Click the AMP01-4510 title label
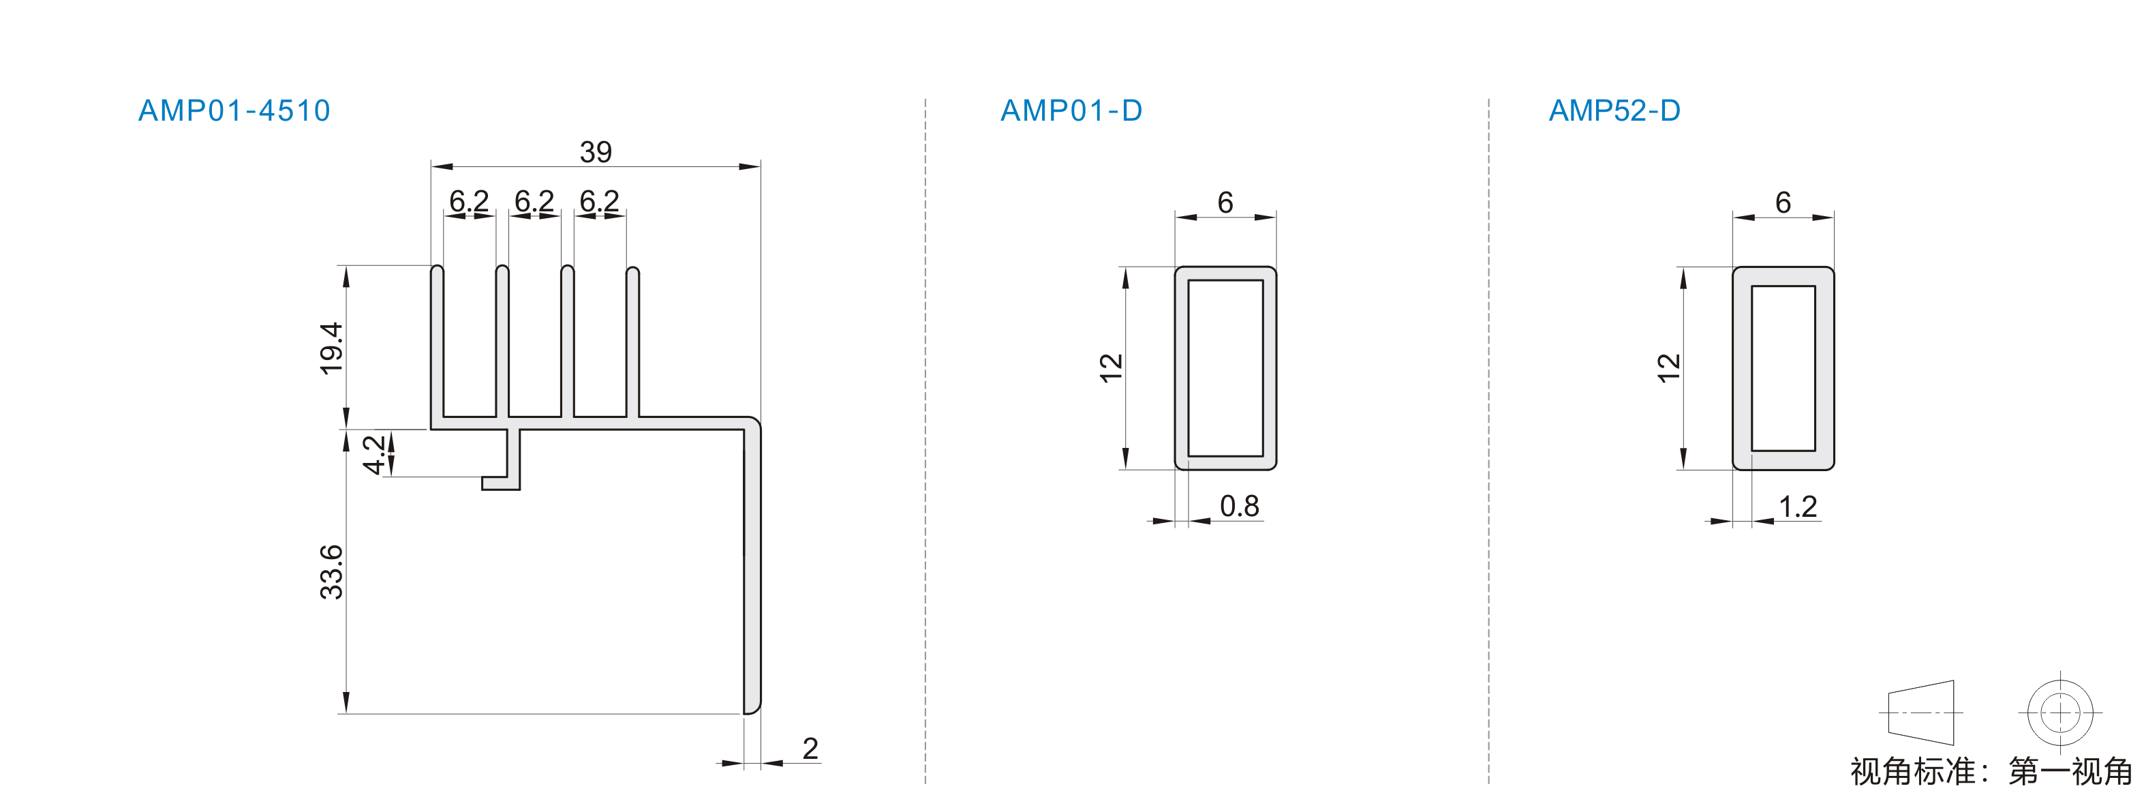(x=234, y=110)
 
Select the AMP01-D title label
(x=1071, y=110)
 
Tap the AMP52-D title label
(x=1614, y=110)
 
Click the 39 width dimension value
(x=596, y=151)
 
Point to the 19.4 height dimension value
(x=331, y=348)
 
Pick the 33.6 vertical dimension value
(x=331, y=572)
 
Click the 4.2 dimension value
(x=375, y=453)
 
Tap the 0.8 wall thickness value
(x=1239, y=506)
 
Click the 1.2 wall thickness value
(x=1798, y=506)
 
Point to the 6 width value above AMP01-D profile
(x=1225, y=202)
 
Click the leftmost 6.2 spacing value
(x=470, y=200)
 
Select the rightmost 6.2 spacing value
(x=599, y=200)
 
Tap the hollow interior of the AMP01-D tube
(x=1225, y=368)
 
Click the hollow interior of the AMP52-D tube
(x=1783, y=368)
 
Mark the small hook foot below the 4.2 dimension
(x=500, y=483)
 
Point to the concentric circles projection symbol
(x=2060, y=712)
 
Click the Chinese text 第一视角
(x=2070, y=772)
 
